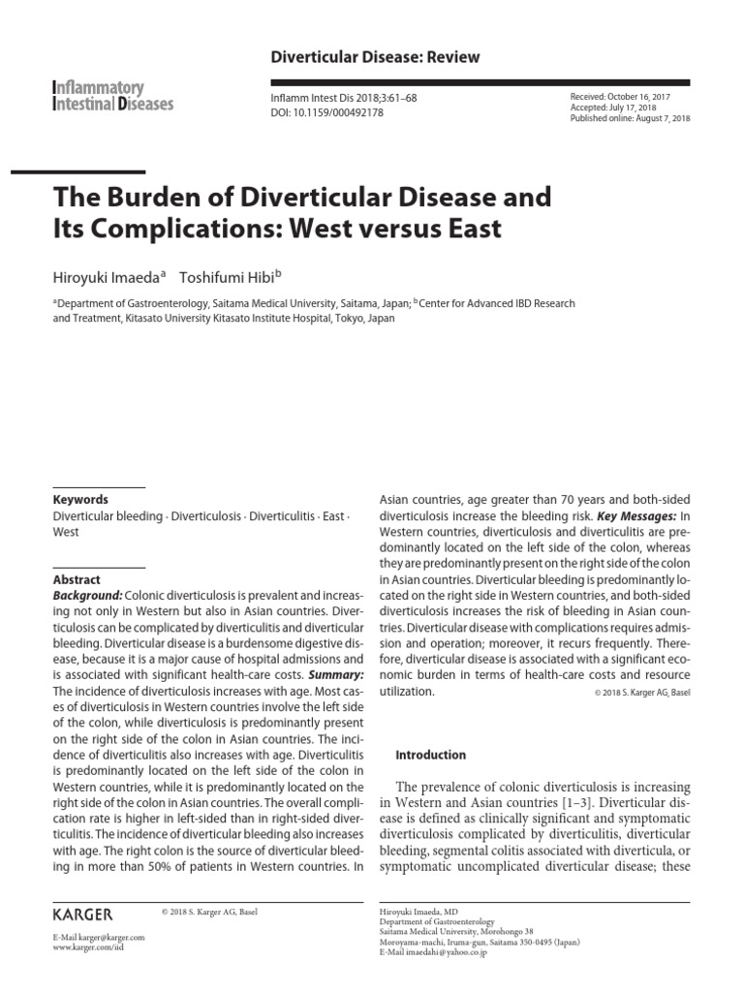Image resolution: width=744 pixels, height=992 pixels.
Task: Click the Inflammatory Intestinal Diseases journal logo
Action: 112,95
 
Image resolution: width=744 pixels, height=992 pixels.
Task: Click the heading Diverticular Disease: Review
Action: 375,58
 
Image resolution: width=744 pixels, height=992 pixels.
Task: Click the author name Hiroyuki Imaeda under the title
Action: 108,277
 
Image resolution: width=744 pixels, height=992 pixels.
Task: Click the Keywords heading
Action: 80,500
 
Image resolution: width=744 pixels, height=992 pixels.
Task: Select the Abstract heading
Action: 77,580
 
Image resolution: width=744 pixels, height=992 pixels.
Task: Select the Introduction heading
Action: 432,755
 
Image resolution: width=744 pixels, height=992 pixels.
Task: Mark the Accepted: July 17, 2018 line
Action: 615,108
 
